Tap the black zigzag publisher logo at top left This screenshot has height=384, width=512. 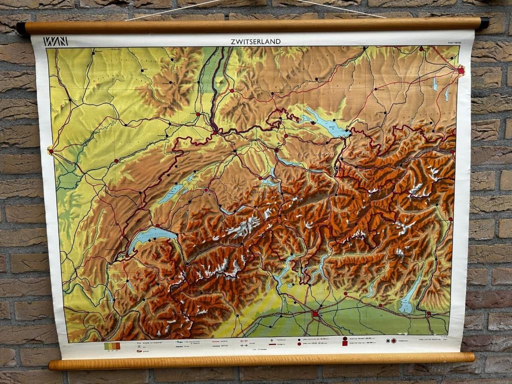pos(55,41)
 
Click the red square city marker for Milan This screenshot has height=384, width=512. pos(315,313)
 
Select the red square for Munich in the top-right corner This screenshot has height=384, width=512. pos(460,71)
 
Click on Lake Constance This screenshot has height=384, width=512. pos(324,123)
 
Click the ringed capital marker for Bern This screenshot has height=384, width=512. pos(205,190)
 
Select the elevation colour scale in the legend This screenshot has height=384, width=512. pos(112,345)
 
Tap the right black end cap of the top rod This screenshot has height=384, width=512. pos(484,23)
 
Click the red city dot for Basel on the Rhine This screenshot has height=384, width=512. pos(215,131)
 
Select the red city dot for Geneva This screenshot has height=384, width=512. pos(121,256)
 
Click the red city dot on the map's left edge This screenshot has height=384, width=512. pos(50,150)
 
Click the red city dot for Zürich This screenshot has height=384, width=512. pos(276,149)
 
